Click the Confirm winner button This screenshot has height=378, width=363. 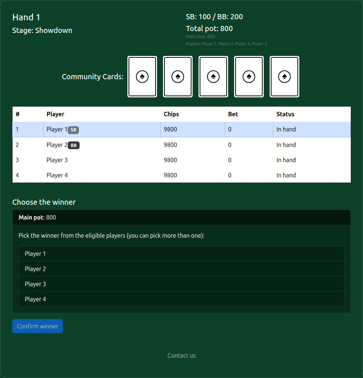38,326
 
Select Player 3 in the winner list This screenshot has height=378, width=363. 181,284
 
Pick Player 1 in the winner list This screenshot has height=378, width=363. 181,254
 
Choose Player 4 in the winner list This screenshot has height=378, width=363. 181,299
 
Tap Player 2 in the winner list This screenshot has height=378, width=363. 181,269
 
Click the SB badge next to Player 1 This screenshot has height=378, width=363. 73,130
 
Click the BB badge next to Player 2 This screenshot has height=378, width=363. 74,145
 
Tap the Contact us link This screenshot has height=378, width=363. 181,355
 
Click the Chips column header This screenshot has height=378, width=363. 171,114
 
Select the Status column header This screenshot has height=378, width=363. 285,114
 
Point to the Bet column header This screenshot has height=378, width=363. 233,114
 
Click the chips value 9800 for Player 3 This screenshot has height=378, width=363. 170,160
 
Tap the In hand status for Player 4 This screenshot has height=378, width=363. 286,175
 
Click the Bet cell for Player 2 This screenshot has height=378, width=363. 230,145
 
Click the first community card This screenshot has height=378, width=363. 142,77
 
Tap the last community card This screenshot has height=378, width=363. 284,77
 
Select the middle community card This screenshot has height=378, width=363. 213,77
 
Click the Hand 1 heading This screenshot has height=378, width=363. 26,17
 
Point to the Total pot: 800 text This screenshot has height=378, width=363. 209,29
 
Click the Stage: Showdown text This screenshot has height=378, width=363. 42,30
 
